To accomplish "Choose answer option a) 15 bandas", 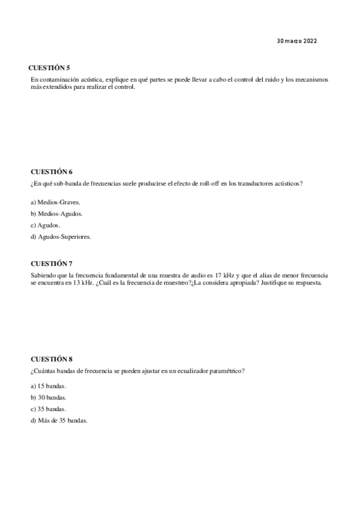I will pyautogui.click(x=48, y=385).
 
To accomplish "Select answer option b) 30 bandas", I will pyautogui.click(x=48, y=397).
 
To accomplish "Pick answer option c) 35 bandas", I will pyautogui.click(x=48, y=409).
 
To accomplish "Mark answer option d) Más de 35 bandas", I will pyautogui.click(x=59, y=420).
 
